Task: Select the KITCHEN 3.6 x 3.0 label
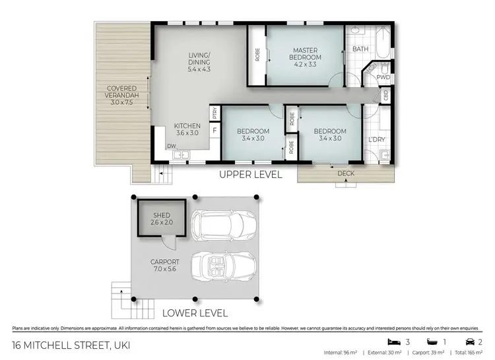tap(187, 129)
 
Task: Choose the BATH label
tap(360, 49)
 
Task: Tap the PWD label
tap(383, 77)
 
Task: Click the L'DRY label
tap(378, 140)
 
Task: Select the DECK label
tap(346, 174)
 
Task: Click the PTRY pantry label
tap(214, 113)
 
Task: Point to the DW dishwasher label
tap(171, 147)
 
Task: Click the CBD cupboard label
tap(385, 95)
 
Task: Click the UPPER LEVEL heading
tap(251, 175)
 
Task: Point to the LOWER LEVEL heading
tap(196, 313)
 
